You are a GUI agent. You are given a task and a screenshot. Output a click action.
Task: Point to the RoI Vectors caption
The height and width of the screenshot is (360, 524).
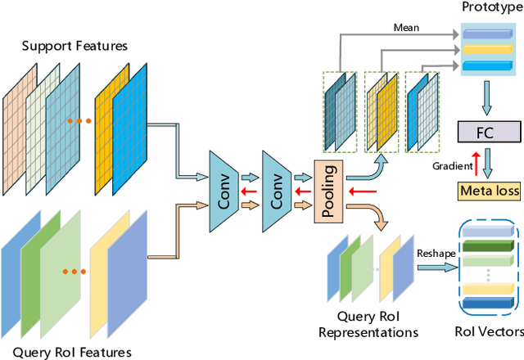click(x=488, y=332)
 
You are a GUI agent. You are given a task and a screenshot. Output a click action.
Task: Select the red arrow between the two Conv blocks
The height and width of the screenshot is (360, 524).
click(x=252, y=193)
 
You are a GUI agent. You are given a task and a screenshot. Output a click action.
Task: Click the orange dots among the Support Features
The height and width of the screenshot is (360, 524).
click(x=80, y=121)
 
